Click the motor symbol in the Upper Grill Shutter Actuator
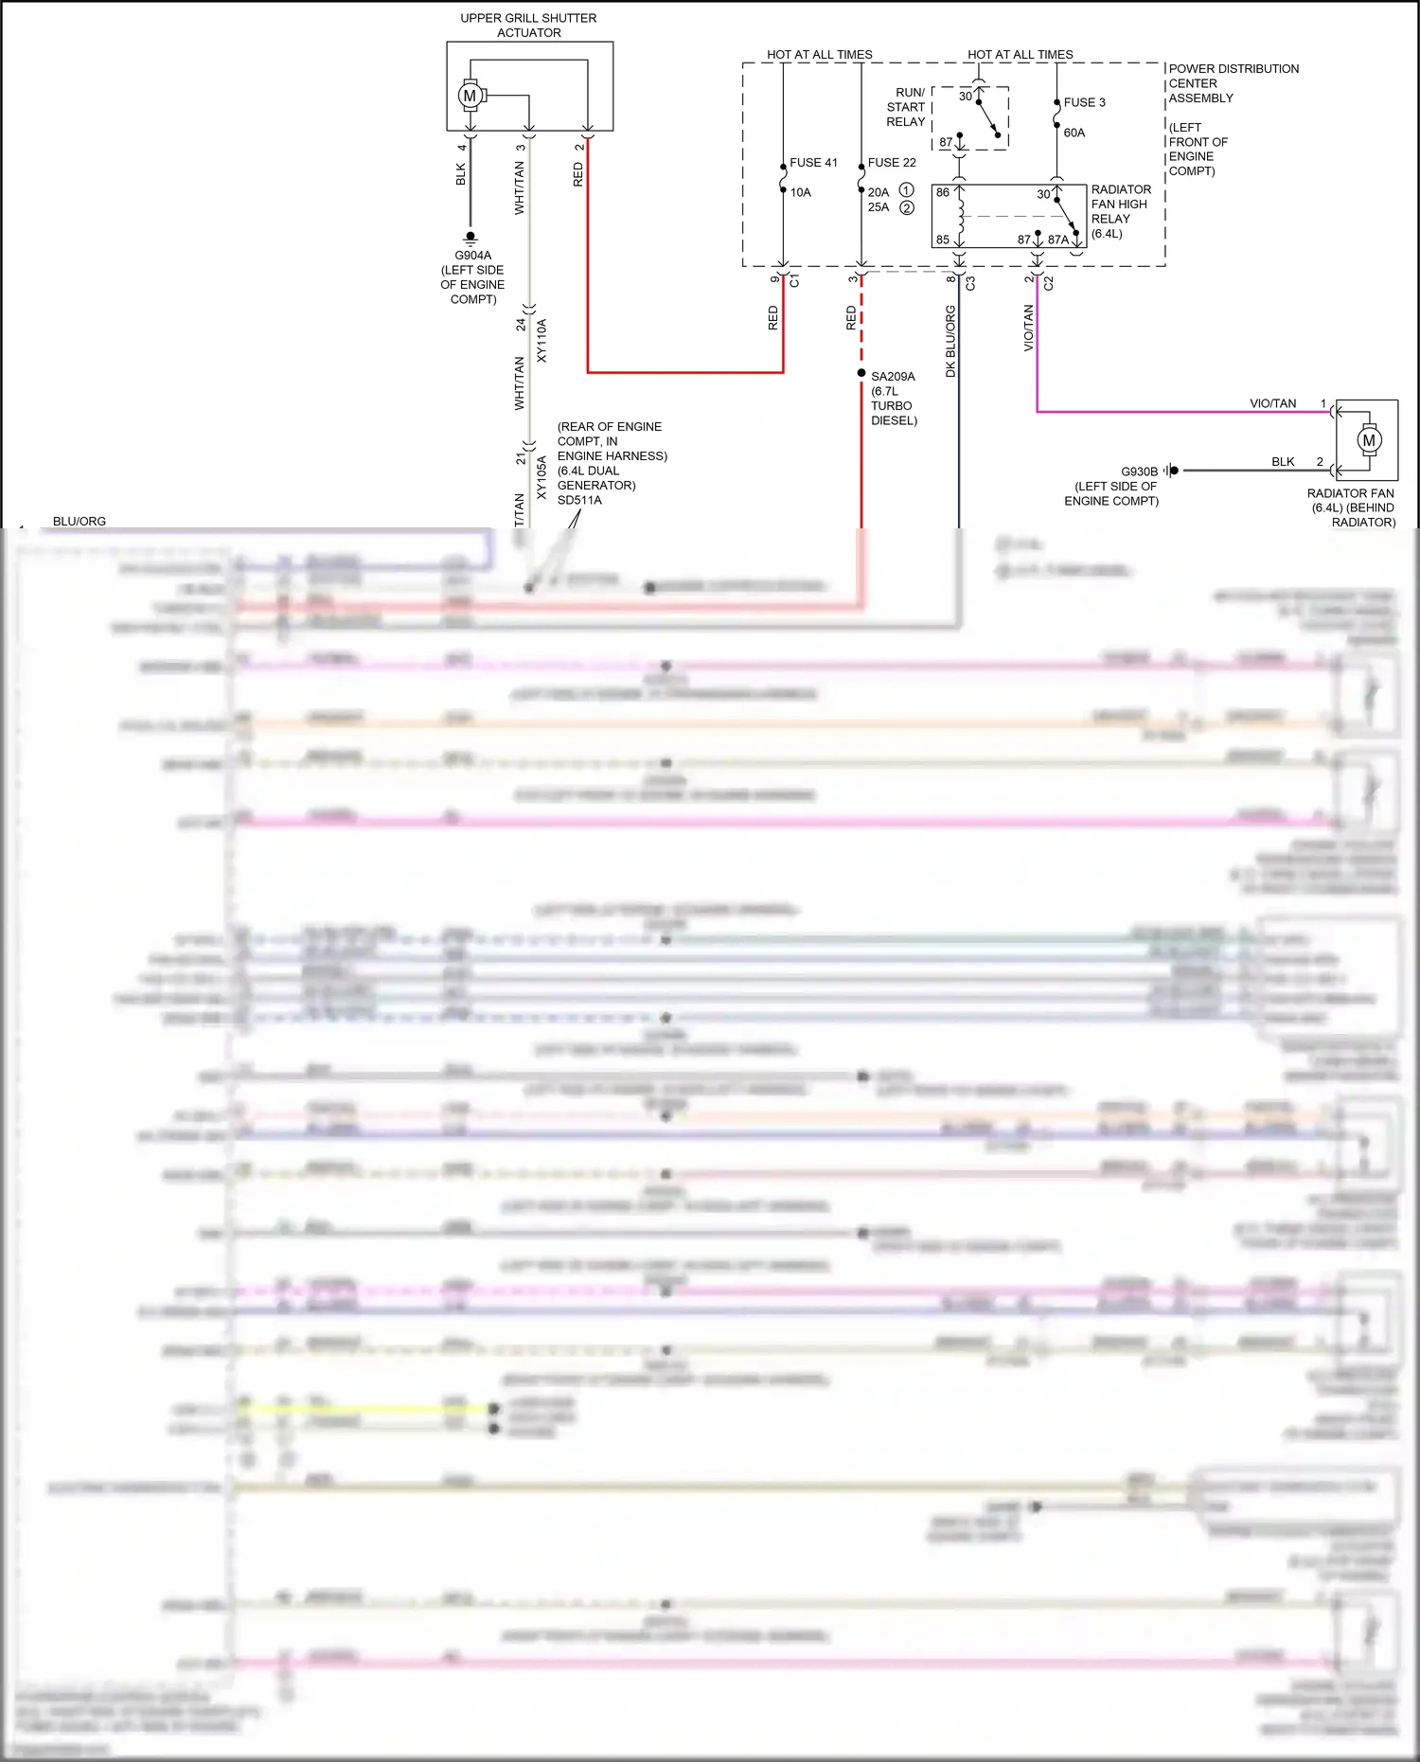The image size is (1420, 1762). coord(470,96)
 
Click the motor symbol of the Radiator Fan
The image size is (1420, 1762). coord(1369,440)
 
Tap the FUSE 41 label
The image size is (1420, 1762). coord(813,163)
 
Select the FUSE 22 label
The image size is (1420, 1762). coord(892,163)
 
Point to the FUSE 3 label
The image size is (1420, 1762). coord(1084,102)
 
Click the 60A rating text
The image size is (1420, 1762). coord(1074,133)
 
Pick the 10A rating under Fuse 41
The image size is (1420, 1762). coord(801,192)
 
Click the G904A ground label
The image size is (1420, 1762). coord(473,256)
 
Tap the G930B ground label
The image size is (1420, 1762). coord(1140,472)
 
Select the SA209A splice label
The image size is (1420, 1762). coord(893,377)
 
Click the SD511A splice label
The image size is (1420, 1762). coord(579,500)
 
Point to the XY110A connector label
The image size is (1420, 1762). coord(542,341)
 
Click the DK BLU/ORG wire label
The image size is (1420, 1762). coord(951,341)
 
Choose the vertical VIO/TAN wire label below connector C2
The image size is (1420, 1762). coord(1029,328)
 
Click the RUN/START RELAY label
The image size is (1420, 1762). coord(907,107)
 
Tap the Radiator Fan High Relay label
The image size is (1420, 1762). coord(1120,211)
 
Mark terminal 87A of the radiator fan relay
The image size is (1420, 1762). coord(1058,240)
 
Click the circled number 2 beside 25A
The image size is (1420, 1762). coord(907,207)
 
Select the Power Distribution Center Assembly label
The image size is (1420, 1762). coord(1233,83)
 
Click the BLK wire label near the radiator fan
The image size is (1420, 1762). coord(1283,462)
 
